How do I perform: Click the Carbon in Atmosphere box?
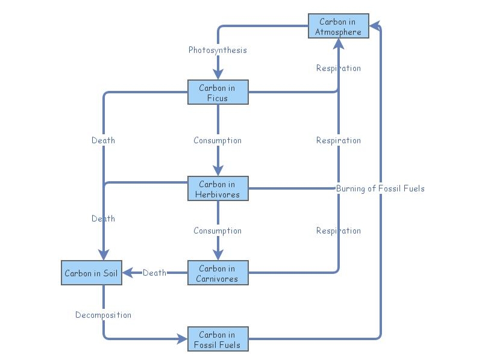point(338,26)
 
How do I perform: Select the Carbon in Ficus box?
point(218,93)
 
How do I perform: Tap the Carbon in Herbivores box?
point(218,189)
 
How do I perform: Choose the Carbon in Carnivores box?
point(218,273)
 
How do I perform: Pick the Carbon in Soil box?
point(91,273)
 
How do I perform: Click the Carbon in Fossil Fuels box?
point(218,340)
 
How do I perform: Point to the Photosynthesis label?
point(218,50)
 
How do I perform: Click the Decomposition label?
point(103,315)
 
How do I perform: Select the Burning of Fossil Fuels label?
point(380,188)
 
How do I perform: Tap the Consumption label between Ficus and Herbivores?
point(218,140)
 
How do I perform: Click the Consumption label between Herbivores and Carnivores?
point(218,231)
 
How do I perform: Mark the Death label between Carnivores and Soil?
point(154,273)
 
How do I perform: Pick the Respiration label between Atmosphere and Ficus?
point(339,68)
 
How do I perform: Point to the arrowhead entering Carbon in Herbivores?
point(218,171)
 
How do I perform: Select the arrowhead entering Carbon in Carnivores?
point(218,255)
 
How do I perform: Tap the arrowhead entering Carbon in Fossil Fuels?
point(183,340)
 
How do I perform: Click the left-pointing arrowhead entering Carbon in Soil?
point(127,273)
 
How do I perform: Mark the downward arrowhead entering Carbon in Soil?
point(103,255)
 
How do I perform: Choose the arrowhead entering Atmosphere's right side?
point(374,26)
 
